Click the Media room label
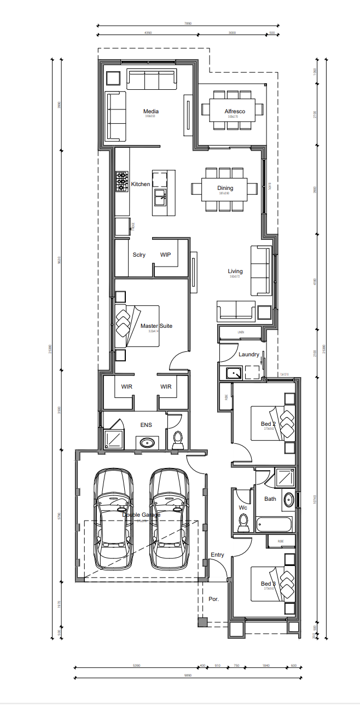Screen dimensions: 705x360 click(x=150, y=112)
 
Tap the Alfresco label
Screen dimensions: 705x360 click(x=235, y=112)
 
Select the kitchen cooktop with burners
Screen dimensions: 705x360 click(x=121, y=182)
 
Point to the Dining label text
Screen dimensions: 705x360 click(x=225, y=188)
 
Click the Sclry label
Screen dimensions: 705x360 click(x=139, y=255)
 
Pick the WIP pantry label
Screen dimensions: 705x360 click(x=166, y=255)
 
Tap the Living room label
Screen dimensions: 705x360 click(x=235, y=271)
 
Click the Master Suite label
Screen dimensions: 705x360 click(x=156, y=326)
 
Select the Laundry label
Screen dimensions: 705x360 click(x=248, y=355)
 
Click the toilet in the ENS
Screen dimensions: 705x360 click(x=178, y=440)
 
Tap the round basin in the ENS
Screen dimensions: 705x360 click(x=147, y=442)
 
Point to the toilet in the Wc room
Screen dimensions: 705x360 click(x=243, y=522)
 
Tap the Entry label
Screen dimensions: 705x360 click(x=217, y=555)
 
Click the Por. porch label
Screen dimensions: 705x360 click(x=213, y=599)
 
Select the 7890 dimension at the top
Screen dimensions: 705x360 click(x=188, y=24)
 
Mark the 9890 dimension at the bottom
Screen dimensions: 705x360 click(x=188, y=676)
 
